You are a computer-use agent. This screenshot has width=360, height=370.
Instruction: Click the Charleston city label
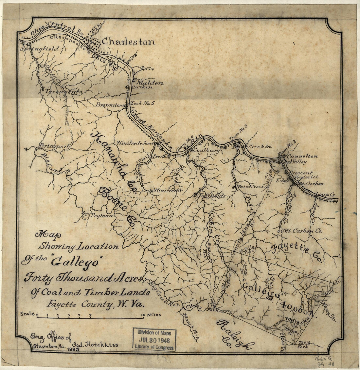coord(128,42)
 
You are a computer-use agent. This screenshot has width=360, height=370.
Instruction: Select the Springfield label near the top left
coord(40,49)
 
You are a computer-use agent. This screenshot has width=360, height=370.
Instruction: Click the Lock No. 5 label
coord(142,103)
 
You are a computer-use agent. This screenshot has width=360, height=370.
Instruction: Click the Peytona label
coord(102,216)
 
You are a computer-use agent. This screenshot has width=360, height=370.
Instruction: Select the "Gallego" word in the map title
coord(78,262)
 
